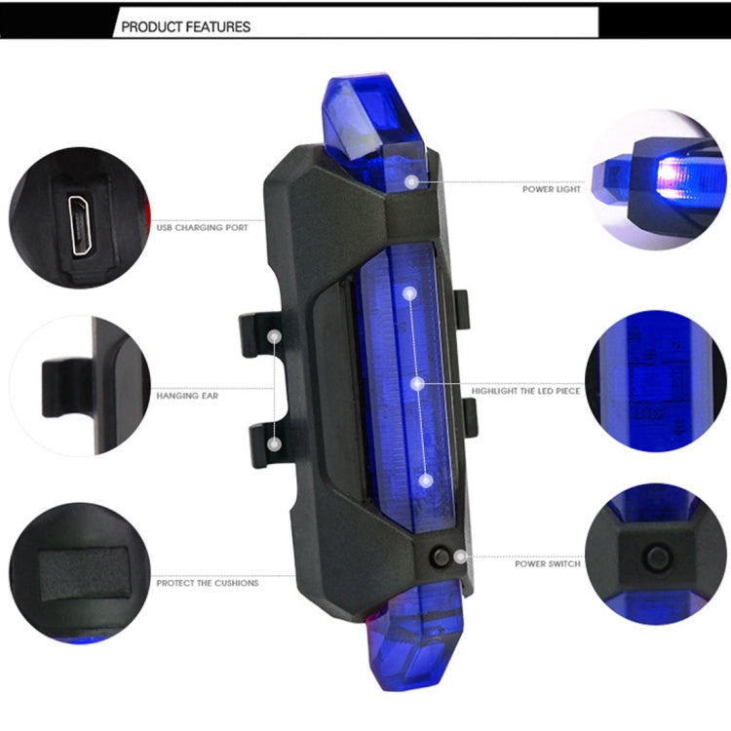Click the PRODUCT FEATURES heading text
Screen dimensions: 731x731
(x=184, y=27)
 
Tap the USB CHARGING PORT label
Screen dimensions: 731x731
(x=202, y=228)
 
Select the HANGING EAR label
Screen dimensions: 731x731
(x=187, y=397)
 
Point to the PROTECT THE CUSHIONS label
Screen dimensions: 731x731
(x=208, y=583)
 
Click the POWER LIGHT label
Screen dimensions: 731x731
(x=552, y=189)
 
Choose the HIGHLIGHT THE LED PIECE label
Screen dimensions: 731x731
(x=525, y=391)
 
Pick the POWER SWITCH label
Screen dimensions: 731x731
(x=548, y=563)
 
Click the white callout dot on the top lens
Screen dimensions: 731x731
(x=413, y=181)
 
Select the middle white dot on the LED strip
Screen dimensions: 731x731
(x=417, y=385)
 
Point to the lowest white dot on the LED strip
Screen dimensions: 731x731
(x=426, y=480)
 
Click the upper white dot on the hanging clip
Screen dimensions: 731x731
(x=275, y=337)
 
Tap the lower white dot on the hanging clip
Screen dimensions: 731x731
(x=275, y=443)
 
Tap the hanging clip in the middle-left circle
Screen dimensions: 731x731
(x=70, y=388)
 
